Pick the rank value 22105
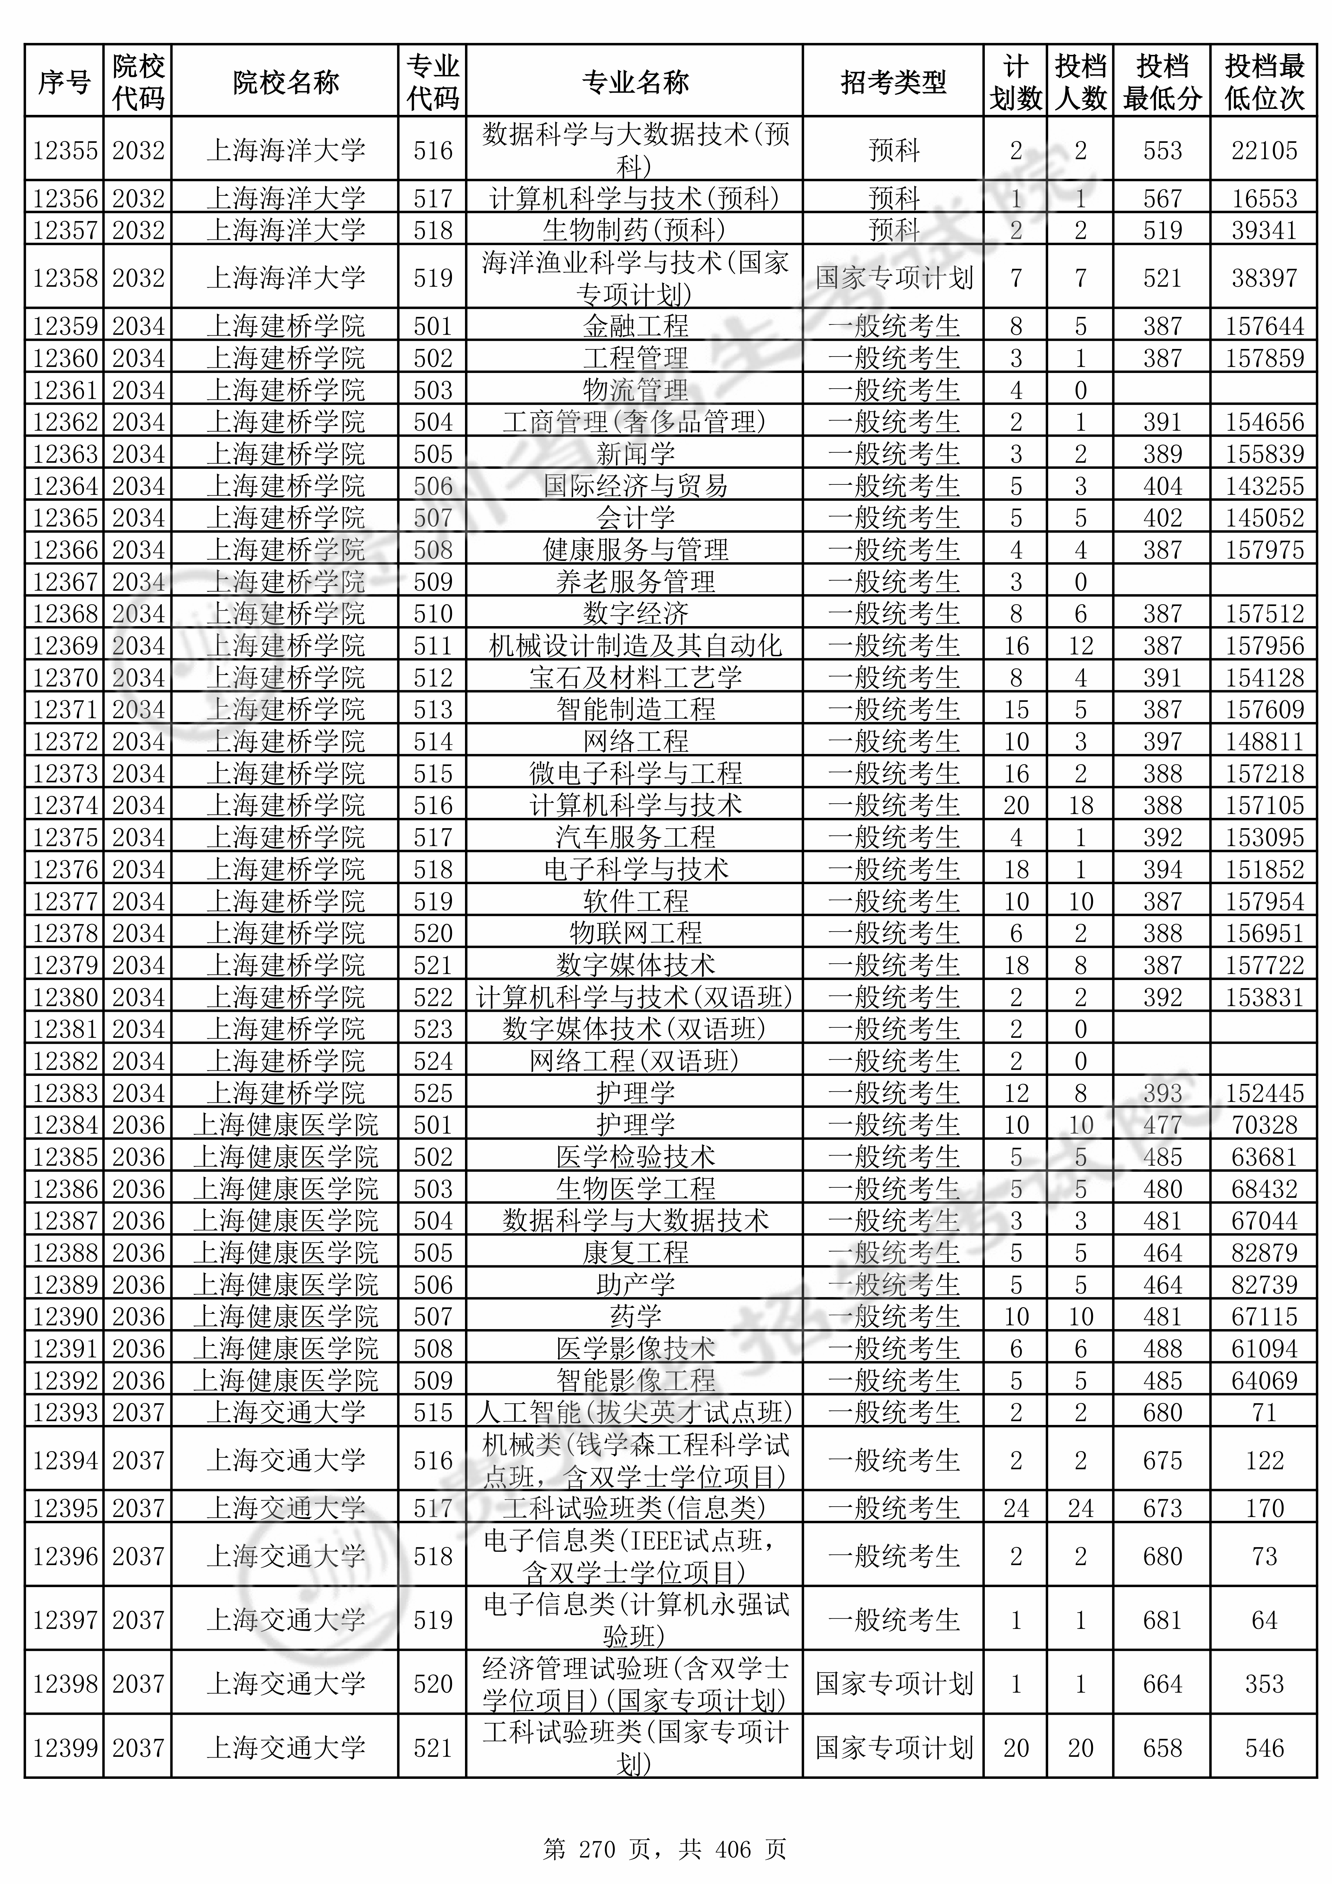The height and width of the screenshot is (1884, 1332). point(1264,150)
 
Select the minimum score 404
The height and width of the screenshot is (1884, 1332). point(1162,486)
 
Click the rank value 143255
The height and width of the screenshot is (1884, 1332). point(1264,486)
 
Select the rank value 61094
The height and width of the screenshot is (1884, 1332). point(1264,1348)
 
